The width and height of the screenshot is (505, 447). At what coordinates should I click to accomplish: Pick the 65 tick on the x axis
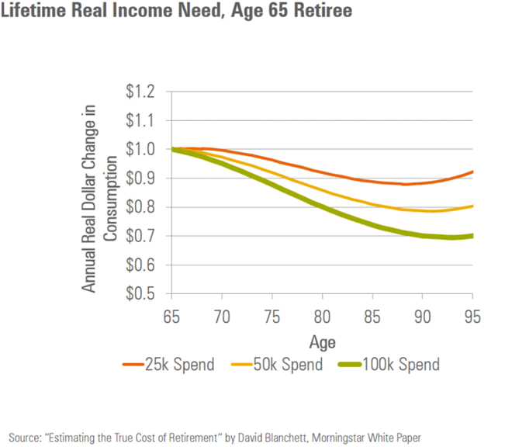(x=172, y=317)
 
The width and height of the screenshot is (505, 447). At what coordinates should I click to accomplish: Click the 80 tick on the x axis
(x=322, y=317)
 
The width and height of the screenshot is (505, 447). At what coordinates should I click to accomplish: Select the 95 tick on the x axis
(x=472, y=317)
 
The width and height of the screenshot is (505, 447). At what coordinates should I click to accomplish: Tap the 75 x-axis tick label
(x=272, y=317)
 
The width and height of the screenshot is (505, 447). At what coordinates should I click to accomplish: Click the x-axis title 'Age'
(x=322, y=341)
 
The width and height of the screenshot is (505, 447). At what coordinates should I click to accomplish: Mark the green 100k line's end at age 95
(x=472, y=236)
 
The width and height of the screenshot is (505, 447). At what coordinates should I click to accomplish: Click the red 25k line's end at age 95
(x=472, y=172)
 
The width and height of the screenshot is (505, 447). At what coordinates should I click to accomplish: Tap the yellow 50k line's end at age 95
(x=472, y=206)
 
